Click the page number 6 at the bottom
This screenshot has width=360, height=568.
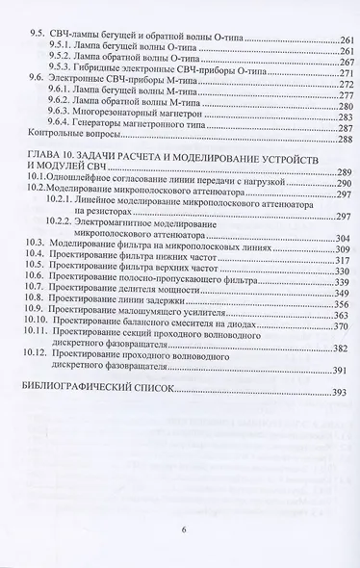[183, 529]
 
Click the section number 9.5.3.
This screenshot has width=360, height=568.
[61, 73]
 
